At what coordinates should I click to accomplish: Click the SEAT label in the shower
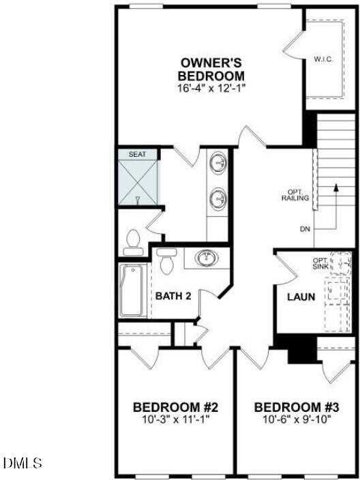[x=137, y=155]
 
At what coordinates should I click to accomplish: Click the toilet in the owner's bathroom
[x=134, y=241]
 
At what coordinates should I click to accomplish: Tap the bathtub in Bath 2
[x=133, y=290]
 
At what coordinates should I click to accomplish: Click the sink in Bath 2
[x=205, y=258]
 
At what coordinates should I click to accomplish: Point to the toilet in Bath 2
[x=164, y=260]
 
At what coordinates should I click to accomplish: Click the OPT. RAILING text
[x=297, y=194]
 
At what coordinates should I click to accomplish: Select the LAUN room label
[x=301, y=297]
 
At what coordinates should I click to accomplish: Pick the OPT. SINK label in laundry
[x=320, y=263]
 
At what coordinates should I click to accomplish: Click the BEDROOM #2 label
[x=175, y=408]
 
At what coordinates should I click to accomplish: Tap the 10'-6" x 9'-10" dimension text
[x=297, y=419]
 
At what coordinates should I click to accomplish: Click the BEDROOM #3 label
[x=297, y=408]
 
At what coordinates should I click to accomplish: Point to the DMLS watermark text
[x=22, y=464]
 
